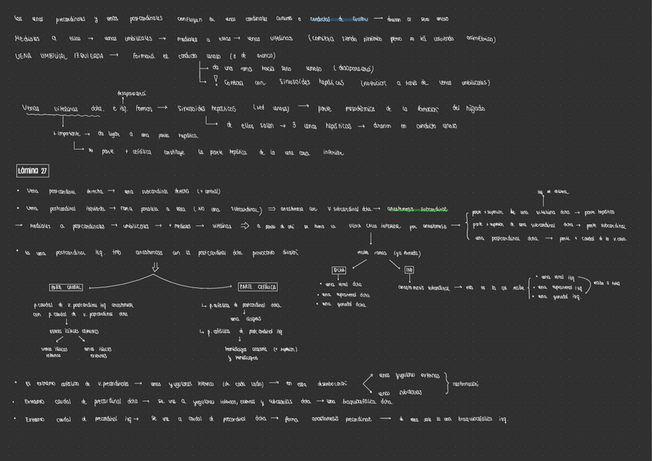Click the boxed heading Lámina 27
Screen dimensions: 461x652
[33, 171]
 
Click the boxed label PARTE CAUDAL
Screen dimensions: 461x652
[66, 287]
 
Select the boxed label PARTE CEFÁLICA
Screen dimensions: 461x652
[258, 287]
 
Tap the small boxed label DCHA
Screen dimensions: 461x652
[339, 270]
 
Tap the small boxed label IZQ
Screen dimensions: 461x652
[409, 270]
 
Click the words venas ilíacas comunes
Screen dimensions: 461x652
[73, 331]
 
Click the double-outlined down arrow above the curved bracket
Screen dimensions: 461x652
[155, 267]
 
